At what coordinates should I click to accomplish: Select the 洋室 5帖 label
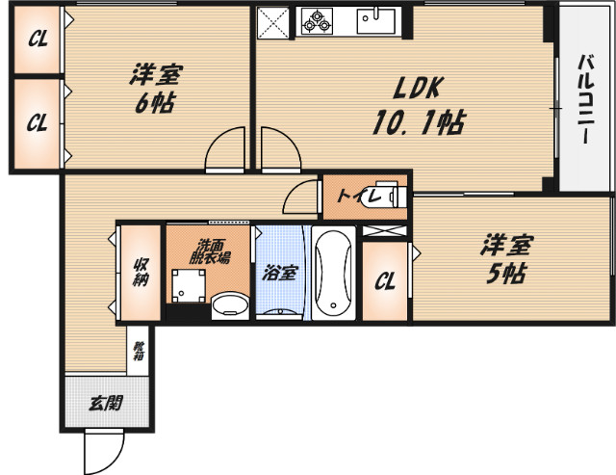point(504,259)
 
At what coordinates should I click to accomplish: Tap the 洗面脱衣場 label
point(208,251)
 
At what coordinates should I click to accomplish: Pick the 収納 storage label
point(141,272)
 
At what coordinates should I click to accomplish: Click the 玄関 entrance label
point(106,404)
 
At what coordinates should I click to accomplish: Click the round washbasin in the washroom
point(229,307)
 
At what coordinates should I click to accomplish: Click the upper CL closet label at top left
point(37,40)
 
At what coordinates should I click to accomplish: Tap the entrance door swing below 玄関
point(104,448)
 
